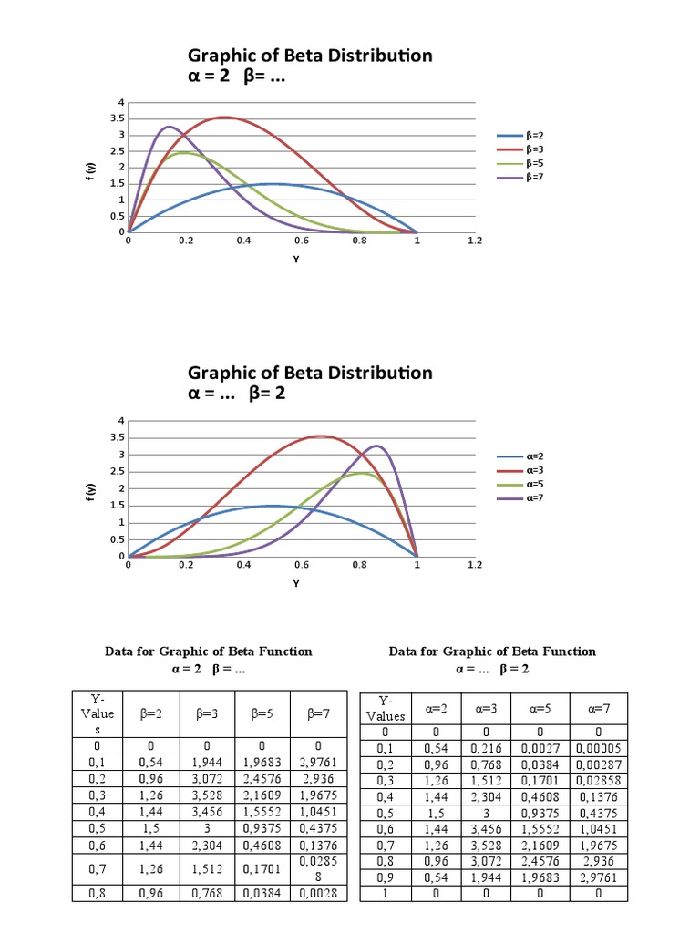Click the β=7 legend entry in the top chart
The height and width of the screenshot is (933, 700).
click(x=534, y=177)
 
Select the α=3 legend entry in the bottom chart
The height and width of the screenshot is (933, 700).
click(x=534, y=470)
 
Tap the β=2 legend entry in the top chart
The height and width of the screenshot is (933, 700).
click(x=534, y=135)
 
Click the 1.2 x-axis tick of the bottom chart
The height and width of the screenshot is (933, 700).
click(x=474, y=565)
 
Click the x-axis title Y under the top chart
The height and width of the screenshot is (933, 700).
click(x=296, y=260)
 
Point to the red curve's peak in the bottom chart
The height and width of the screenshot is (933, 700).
click(x=319, y=436)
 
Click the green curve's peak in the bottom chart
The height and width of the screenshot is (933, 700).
click(x=362, y=473)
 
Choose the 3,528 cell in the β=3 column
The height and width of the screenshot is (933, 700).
click(x=208, y=795)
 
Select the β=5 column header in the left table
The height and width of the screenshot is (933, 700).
click(x=262, y=714)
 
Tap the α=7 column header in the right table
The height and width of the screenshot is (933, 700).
click(x=598, y=707)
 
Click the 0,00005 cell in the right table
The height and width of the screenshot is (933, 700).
click(x=598, y=748)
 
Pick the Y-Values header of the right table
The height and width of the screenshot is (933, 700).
click(x=385, y=708)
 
